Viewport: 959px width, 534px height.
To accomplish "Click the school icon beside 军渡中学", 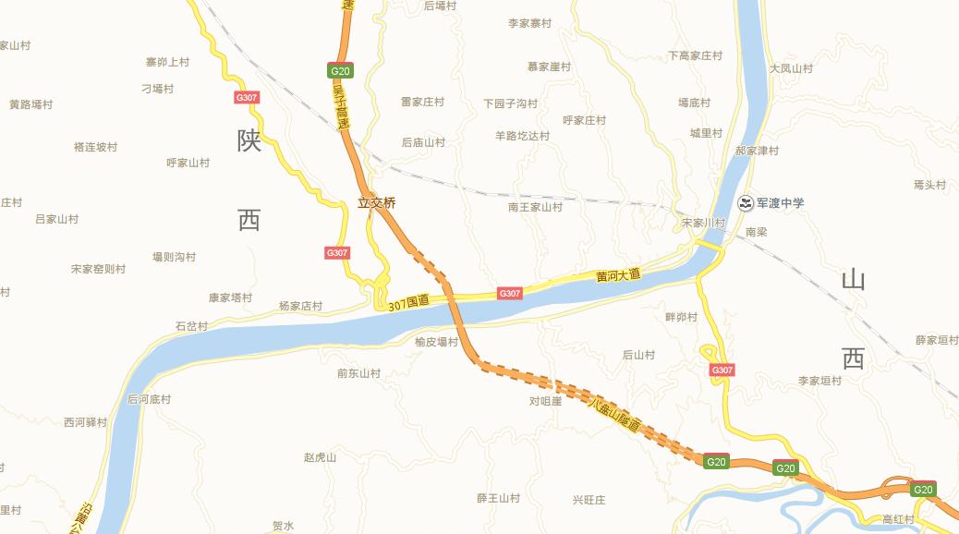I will tap(746, 203).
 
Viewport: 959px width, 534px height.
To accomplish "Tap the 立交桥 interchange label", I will tap(377, 203).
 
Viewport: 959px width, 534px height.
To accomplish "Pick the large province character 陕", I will tap(249, 140).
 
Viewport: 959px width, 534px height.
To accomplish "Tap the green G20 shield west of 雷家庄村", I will tap(340, 71).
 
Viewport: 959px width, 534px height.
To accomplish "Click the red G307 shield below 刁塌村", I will tap(247, 97).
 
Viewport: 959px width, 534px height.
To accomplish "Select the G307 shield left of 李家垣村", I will tap(722, 370).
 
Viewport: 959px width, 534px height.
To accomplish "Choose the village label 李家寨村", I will tap(529, 23).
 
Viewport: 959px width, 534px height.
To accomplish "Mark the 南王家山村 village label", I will tap(535, 207).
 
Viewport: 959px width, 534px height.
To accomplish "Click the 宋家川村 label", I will tap(703, 224).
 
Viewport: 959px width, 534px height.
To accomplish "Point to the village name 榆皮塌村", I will tap(436, 342).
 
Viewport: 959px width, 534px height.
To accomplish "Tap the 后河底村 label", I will tap(149, 399).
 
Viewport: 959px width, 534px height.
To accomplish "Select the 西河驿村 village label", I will tap(85, 422).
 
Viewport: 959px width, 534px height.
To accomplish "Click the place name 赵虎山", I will tap(320, 457).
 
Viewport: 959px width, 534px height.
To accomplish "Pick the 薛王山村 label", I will tap(498, 498).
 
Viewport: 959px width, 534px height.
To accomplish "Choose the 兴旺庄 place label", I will tap(589, 500).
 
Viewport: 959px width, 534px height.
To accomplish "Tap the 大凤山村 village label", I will tap(791, 68).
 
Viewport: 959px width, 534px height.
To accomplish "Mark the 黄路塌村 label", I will tap(30, 104).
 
